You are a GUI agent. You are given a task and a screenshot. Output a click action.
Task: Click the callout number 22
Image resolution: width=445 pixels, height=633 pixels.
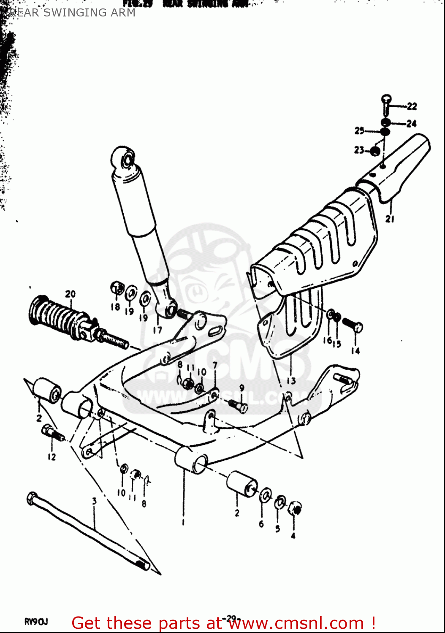(412, 106)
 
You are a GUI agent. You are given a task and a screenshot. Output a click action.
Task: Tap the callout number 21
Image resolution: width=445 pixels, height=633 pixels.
(389, 219)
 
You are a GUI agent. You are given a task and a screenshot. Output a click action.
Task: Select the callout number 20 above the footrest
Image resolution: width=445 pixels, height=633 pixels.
(70, 294)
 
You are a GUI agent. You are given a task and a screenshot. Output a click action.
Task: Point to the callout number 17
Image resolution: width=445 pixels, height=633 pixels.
(157, 330)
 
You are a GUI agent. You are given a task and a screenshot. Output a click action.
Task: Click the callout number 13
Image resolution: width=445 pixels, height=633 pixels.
(291, 381)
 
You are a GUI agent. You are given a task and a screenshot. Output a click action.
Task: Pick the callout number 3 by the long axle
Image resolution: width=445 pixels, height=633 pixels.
(94, 501)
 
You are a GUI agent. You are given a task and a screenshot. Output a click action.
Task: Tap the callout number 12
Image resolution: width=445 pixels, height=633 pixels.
(52, 457)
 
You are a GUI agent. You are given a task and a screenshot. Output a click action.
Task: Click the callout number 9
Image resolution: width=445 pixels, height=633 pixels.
(241, 387)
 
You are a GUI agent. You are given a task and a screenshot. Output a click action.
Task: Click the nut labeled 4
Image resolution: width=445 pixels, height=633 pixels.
(295, 509)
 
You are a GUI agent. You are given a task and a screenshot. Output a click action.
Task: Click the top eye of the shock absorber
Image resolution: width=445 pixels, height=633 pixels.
(125, 159)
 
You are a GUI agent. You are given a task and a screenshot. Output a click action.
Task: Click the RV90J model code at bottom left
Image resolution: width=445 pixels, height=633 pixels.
(35, 622)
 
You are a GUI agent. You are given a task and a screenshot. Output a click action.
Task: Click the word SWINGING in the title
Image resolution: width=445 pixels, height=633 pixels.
(74, 13)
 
